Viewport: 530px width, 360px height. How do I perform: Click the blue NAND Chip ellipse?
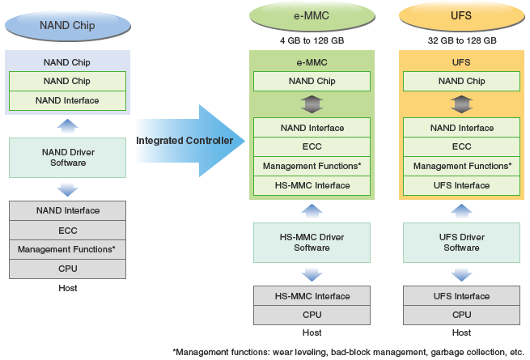point(68,26)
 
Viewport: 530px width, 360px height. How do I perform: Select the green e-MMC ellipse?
point(312,16)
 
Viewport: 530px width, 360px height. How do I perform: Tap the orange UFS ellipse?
point(462,16)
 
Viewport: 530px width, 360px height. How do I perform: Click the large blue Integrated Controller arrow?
point(190,141)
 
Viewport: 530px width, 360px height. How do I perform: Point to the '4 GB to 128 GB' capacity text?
point(312,40)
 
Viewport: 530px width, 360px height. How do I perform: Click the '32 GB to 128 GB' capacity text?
point(462,40)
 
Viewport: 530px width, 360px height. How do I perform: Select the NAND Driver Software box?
point(68,158)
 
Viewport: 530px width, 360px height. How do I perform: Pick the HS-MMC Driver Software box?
point(312,243)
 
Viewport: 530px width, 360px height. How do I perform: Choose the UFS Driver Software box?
point(462,243)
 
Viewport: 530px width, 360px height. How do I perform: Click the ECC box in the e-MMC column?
point(312,146)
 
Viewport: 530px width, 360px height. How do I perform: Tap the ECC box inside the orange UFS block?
point(462,146)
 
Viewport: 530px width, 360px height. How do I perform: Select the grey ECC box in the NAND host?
point(68,231)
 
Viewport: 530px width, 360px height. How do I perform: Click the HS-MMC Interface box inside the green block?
point(312,185)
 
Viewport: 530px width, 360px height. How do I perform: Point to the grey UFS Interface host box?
point(462,296)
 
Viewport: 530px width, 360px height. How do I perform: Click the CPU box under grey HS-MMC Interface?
point(312,315)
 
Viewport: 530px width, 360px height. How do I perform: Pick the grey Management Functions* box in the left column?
point(68,250)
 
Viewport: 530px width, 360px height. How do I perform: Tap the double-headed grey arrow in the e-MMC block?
point(312,104)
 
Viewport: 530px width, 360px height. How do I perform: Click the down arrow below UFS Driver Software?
point(462,275)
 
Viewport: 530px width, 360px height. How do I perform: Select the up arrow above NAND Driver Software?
point(68,125)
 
